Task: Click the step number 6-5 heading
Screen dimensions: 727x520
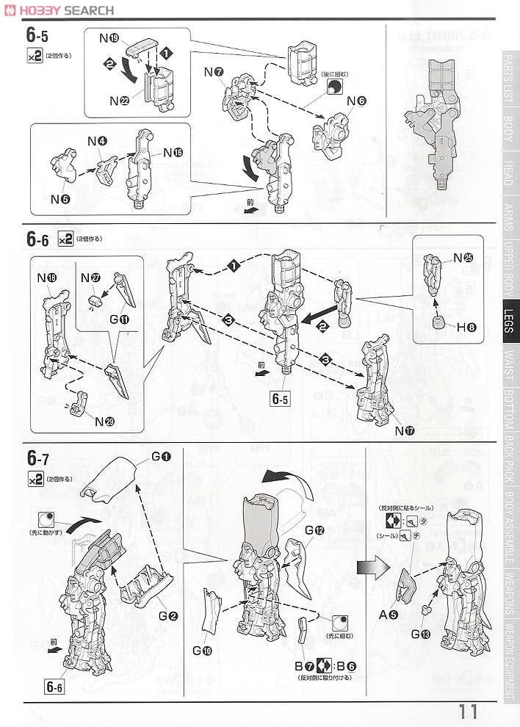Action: [38, 36]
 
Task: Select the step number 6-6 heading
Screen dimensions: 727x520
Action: [38, 239]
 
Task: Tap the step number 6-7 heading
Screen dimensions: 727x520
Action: [38, 459]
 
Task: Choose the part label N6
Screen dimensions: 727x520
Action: [355, 101]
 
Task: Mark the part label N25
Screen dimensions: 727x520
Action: [463, 258]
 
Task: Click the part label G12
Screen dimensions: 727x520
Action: [314, 532]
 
